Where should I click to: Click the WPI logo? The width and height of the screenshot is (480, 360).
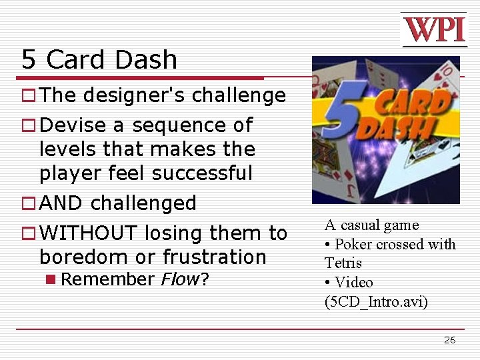tap(433, 29)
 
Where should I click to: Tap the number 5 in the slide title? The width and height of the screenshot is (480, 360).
tap(28, 60)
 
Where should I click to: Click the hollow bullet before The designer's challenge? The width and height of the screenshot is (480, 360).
tap(28, 96)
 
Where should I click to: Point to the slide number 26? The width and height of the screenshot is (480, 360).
tap(450, 340)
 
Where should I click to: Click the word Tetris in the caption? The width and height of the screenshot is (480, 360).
tap(343, 263)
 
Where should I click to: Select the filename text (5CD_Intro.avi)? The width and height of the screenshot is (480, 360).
tap(376, 301)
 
